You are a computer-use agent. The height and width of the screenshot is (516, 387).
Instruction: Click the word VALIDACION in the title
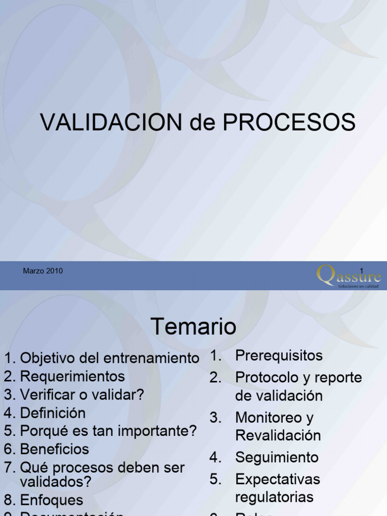(111, 122)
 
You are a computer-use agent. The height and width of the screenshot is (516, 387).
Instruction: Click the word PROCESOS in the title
(289, 122)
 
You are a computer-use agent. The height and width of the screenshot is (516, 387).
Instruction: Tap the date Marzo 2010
(43, 271)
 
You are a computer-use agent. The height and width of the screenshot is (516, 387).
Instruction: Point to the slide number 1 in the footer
(361, 271)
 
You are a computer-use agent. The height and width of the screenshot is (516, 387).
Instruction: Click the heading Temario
(193, 327)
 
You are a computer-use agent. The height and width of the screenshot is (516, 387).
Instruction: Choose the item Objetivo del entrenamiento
(109, 358)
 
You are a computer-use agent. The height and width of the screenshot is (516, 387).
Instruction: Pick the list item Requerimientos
(72, 376)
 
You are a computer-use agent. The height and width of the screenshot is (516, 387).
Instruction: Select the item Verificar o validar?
(82, 395)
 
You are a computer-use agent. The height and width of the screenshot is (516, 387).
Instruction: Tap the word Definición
(52, 413)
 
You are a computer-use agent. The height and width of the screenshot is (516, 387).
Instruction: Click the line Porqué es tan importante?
(108, 431)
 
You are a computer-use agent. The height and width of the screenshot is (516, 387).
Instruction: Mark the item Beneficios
(54, 449)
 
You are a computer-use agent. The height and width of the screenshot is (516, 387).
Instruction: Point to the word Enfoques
(51, 500)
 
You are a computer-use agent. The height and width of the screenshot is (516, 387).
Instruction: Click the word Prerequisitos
(279, 355)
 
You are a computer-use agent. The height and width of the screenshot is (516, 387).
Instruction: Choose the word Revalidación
(278, 435)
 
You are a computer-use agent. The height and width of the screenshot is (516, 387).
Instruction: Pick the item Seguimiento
(277, 458)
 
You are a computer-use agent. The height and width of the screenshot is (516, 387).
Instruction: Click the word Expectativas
(278, 479)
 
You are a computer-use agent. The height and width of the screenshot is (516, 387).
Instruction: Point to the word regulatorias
(274, 497)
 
